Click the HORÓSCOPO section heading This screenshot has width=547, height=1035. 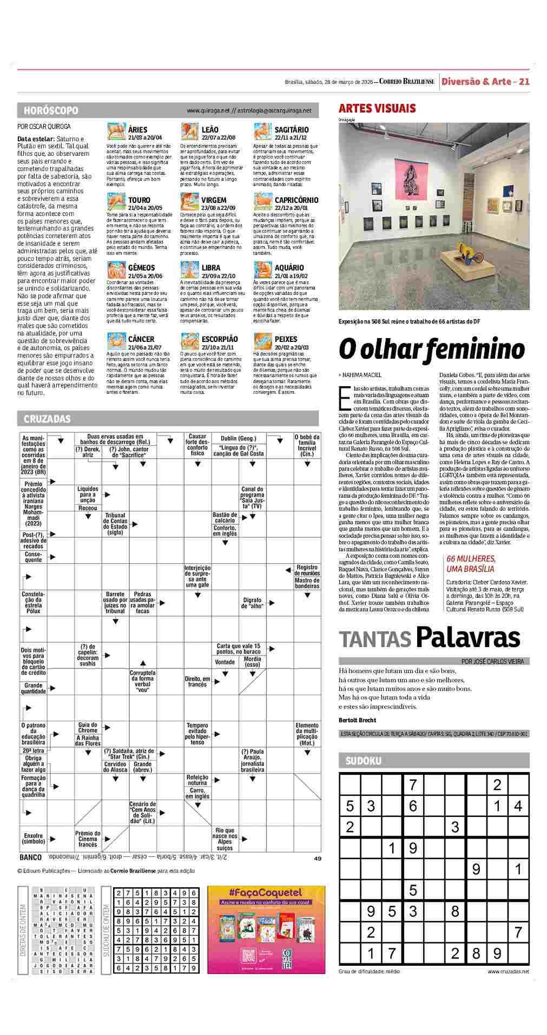click(x=51, y=110)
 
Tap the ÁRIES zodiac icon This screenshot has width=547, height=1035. click(x=116, y=132)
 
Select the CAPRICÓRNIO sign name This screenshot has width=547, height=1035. click(x=296, y=200)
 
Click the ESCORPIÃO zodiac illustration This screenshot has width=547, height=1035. click(x=189, y=340)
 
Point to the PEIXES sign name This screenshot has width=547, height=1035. click(x=286, y=339)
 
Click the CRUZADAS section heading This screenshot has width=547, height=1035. click(x=47, y=419)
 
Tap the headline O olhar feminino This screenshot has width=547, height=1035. click(x=431, y=350)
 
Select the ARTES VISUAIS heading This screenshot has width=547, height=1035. click(x=377, y=108)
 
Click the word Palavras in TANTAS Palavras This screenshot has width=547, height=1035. click(x=467, y=637)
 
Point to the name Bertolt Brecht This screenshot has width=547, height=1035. click(x=357, y=720)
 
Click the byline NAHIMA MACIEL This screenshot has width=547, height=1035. click(x=361, y=374)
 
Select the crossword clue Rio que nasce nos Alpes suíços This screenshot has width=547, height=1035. click(x=225, y=839)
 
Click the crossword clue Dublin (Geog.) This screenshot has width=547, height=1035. click(x=238, y=438)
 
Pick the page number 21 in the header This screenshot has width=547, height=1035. click(x=524, y=82)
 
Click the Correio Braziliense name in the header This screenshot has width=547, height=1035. click(x=406, y=82)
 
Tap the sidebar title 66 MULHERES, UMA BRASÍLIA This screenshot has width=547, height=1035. click(x=471, y=564)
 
